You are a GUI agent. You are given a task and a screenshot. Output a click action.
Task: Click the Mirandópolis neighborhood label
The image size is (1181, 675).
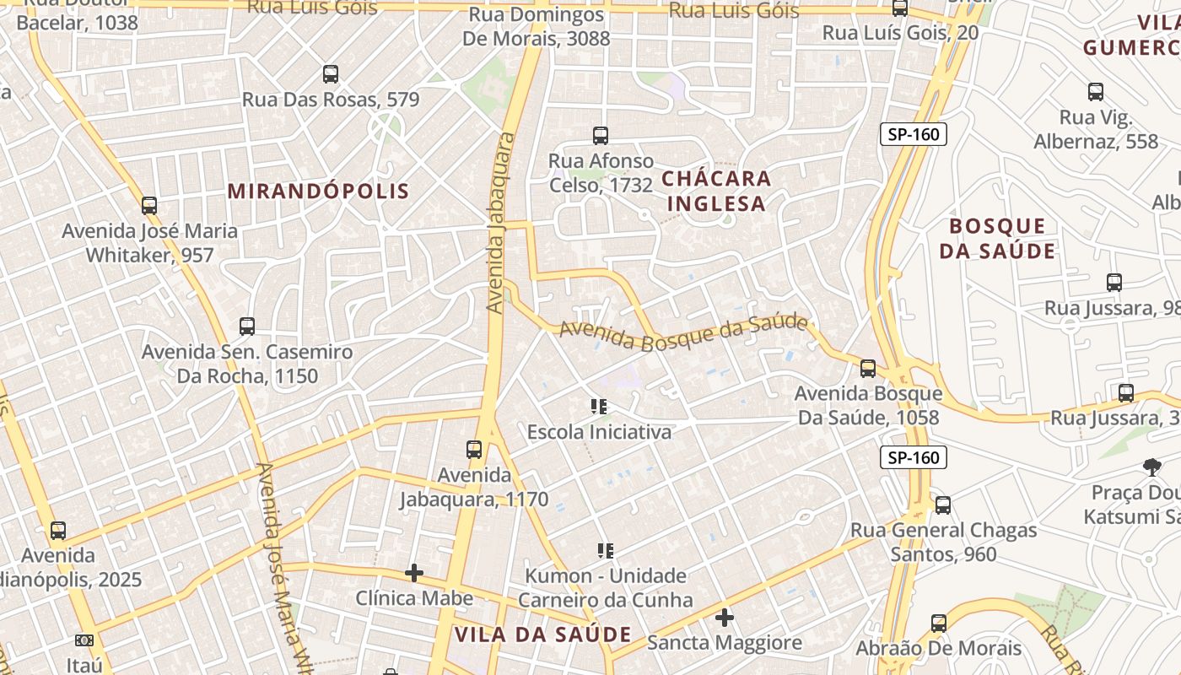(x=318, y=191)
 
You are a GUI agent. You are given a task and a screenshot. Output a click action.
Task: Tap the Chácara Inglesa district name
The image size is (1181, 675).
(x=716, y=191)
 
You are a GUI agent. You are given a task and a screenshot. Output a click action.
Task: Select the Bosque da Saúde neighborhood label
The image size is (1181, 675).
(x=997, y=238)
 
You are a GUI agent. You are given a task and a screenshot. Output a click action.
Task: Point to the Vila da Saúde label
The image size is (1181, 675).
(x=542, y=634)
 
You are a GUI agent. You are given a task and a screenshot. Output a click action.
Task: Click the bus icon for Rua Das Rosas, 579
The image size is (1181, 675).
(x=331, y=74)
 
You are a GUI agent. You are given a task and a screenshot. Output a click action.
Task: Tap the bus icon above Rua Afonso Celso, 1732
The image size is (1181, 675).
(x=601, y=135)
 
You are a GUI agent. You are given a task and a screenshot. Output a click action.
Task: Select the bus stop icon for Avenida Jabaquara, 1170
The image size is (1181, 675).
(x=474, y=450)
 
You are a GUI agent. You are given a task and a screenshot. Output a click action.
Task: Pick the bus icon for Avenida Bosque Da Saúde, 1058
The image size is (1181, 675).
(x=868, y=369)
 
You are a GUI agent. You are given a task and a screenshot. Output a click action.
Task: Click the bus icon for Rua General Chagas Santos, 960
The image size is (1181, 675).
(x=943, y=505)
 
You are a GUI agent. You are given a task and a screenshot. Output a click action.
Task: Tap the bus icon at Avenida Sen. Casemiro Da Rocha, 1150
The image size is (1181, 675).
(x=247, y=327)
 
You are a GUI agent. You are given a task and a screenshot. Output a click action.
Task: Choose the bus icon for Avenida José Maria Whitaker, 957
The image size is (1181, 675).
(x=149, y=205)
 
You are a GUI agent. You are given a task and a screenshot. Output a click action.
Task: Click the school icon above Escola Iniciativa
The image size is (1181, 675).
(x=600, y=407)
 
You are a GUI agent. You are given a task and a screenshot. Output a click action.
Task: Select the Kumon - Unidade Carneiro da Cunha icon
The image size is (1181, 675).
(x=605, y=551)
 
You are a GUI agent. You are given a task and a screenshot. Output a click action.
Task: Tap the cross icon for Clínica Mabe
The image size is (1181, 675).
(x=414, y=574)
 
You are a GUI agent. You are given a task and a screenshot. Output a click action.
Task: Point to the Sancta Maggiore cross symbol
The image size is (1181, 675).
(x=725, y=618)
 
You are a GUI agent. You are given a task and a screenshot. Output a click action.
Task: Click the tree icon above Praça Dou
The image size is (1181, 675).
(x=1151, y=467)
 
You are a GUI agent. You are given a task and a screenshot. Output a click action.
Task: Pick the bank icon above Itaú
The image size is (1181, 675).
(x=84, y=640)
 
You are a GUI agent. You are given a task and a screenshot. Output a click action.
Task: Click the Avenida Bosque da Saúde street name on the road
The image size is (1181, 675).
(x=683, y=332)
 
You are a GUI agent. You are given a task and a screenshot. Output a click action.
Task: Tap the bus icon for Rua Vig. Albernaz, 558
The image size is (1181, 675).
(x=1096, y=92)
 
